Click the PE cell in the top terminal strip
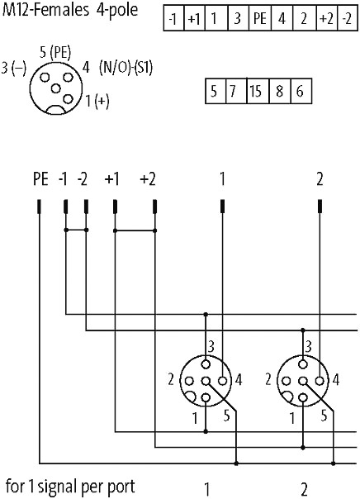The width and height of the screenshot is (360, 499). click(x=260, y=18)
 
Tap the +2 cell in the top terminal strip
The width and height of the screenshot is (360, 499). click(x=327, y=18)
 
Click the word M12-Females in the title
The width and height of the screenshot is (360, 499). click(x=45, y=10)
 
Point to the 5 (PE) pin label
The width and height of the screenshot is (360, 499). click(x=55, y=53)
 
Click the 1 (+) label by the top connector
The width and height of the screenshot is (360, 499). click(x=97, y=101)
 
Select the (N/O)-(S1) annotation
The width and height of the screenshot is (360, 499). click(x=126, y=68)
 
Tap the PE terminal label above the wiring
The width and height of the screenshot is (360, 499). click(x=40, y=179)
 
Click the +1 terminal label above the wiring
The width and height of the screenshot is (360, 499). click(x=112, y=179)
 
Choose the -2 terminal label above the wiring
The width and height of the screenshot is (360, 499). click(x=82, y=179)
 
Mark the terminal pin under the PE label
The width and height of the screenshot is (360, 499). click(x=39, y=207)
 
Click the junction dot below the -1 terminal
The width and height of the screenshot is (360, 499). click(x=66, y=230)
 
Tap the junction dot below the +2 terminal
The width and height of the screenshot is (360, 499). click(x=154, y=230)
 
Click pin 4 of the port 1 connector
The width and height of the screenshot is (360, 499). click(x=223, y=381)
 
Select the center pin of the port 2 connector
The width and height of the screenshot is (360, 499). click(x=303, y=381)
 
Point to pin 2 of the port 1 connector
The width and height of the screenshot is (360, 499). click(x=189, y=381)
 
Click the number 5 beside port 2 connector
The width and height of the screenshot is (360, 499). click(x=324, y=416)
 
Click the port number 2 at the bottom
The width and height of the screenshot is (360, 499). click(x=304, y=489)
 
